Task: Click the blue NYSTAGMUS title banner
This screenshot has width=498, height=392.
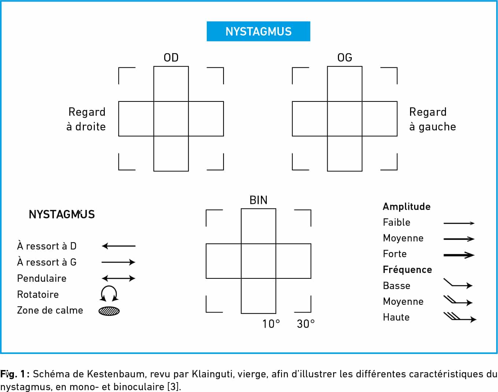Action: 258,31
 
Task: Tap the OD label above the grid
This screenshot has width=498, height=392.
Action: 171,58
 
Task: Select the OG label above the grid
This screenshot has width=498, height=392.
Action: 344,58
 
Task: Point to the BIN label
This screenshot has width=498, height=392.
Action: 258,200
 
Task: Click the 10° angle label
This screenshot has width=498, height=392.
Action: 271,324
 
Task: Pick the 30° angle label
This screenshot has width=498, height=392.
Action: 306,324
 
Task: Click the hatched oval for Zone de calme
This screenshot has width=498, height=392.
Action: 109,311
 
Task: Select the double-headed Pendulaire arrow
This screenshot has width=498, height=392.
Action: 118,278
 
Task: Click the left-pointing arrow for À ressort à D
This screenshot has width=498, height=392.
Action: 118,246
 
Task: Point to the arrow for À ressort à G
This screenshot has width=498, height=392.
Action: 118,262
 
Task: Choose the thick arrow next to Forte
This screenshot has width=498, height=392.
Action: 459,255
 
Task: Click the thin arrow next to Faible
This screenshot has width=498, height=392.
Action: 459,223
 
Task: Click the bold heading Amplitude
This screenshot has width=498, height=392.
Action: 407,206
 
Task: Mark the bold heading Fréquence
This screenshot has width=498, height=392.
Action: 407,270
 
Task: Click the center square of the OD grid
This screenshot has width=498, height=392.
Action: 171,119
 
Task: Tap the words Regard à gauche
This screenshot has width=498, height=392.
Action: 432,119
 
